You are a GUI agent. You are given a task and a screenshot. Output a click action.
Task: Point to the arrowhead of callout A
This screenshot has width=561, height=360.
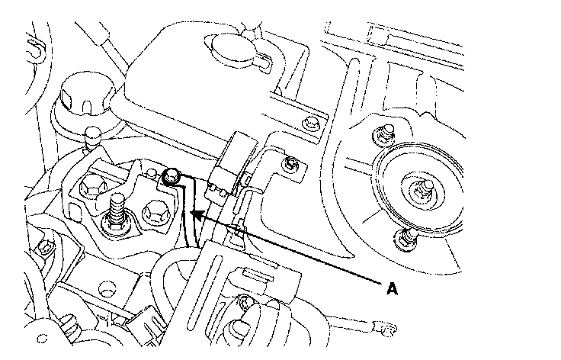pyautogui.click(x=195, y=217)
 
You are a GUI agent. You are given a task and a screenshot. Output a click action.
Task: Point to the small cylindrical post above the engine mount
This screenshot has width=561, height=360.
pyautogui.click(x=91, y=138)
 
